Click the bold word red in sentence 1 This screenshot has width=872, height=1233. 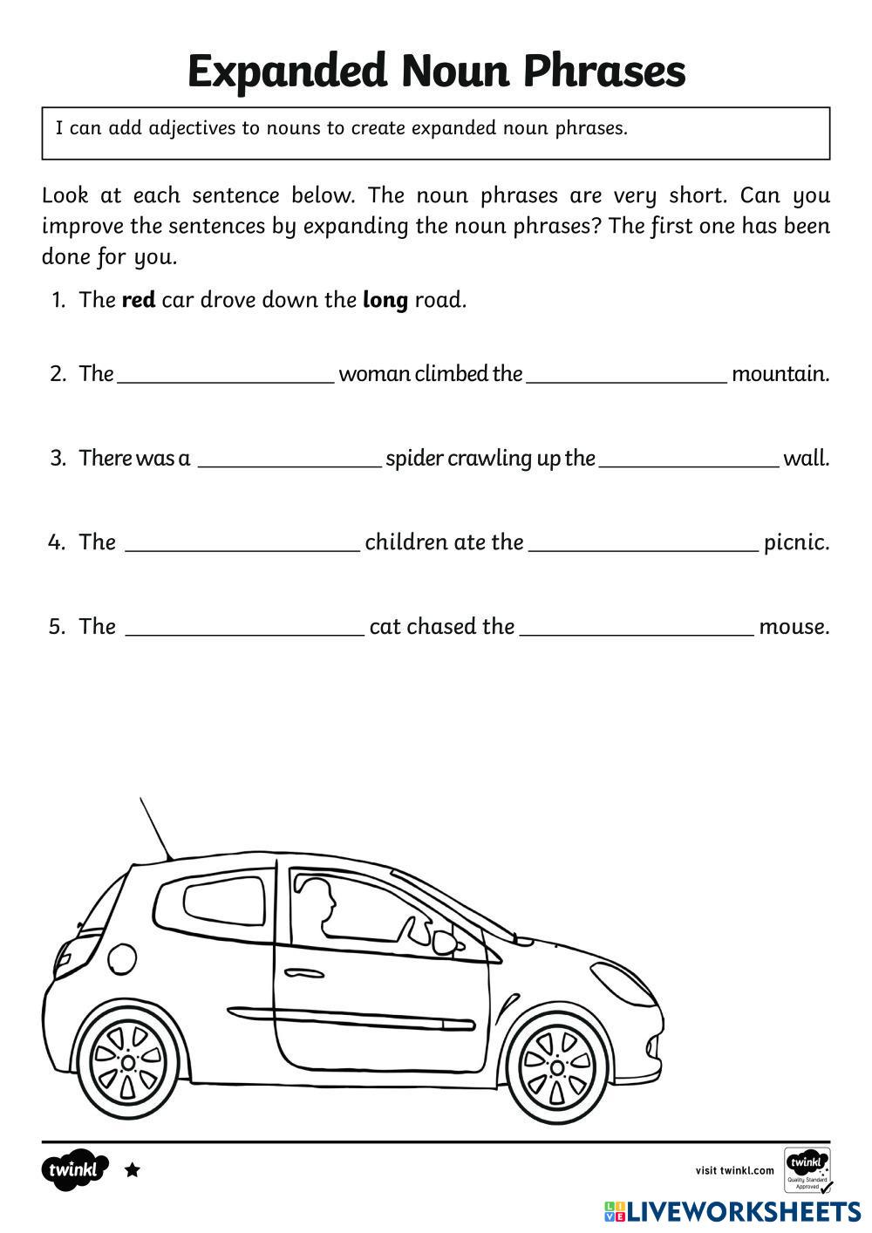tap(138, 300)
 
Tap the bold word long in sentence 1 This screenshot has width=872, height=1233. tap(385, 301)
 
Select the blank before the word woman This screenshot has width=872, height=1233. tap(225, 375)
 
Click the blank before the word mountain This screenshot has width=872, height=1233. tap(626, 375)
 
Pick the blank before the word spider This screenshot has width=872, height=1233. tap(290, 460)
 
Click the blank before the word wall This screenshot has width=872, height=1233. tap(689, 460)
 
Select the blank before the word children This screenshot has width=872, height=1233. tap(242, 544)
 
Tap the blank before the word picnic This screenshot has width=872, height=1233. tap(644, 544)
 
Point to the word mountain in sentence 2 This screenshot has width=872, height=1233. tap(780, 374)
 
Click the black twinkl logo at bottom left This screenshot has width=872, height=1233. tap(73, 1169)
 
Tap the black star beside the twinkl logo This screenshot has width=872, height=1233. tap(133, 1170)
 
